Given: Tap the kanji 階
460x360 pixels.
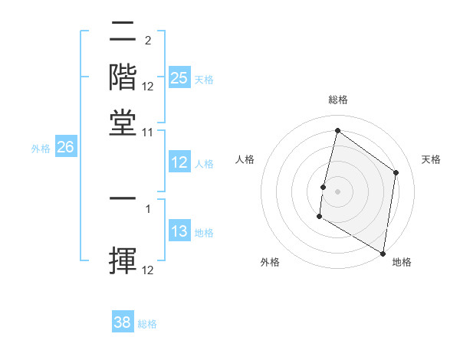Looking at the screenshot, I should click(x=123, y=77).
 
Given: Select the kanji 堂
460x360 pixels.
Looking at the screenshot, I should click(x=123, y=123).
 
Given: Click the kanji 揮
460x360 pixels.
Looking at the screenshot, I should click(x=123, y=259).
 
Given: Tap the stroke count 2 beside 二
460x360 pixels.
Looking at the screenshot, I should click(x=147, y=41).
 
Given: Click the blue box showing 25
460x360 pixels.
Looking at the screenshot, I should click(x=179, y=78).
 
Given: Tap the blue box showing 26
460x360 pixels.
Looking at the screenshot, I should click(x=65, y=148).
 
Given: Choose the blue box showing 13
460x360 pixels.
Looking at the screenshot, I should click(x=179, y=232).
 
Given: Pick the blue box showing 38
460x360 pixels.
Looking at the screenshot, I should click(x=123, y=323).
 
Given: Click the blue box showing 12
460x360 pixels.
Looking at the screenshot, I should click(x=179, y=162).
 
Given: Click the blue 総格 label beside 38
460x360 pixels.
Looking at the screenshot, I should click(x=147, y=324).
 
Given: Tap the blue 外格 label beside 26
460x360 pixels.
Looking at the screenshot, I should click(x=41, y=149).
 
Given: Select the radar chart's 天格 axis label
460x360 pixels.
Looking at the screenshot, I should click(x=431, y=159).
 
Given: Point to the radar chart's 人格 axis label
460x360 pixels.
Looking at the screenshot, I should click(x=245, y=159).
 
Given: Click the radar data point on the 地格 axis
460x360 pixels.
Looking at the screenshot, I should click(x=383, y=253).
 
